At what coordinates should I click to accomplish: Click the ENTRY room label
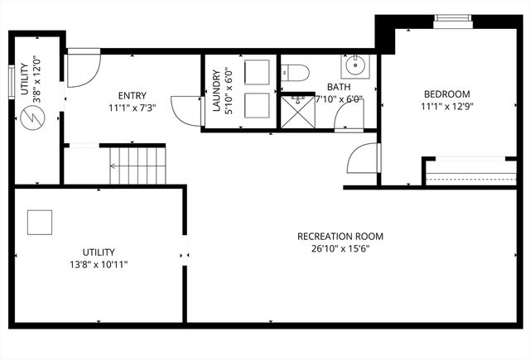point(132,95)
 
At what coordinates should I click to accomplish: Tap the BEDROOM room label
point(446,94)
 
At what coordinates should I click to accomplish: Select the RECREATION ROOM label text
point(340,236)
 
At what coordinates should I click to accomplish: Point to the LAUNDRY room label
point(216,91)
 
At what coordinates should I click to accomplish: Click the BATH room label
point(338,86)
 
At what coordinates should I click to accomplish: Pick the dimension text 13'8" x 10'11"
point(98,264)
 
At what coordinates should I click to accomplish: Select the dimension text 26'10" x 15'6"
point(340,248)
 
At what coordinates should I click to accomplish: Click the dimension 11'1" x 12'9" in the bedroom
point(446,106)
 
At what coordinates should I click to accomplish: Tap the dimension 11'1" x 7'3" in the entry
point(132,108)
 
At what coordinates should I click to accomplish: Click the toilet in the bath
point(296,73)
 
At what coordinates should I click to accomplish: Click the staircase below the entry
point(137,163)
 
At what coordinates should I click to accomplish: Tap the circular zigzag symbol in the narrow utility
point(32,118)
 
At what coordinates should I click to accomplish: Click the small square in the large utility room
point(40,221)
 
